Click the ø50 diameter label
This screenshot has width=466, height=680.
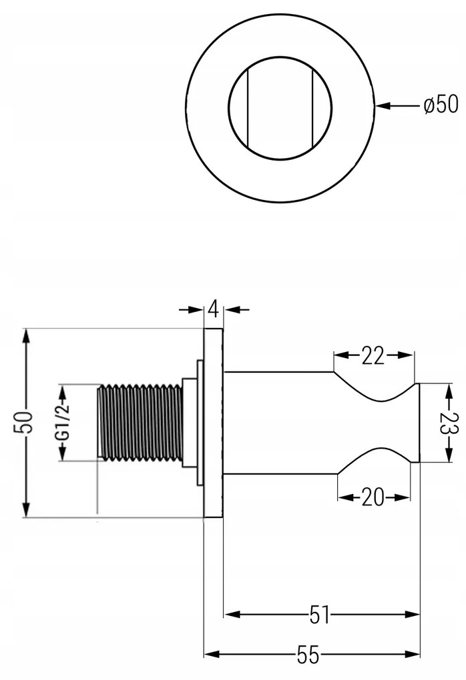(x=441, y=105)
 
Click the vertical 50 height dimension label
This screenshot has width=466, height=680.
(x=23, y=423)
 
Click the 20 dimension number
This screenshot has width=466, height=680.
(x=373, y=497)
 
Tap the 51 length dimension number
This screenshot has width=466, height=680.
(x=320, y=615)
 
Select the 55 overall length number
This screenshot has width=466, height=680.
(x=309, y=655)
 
